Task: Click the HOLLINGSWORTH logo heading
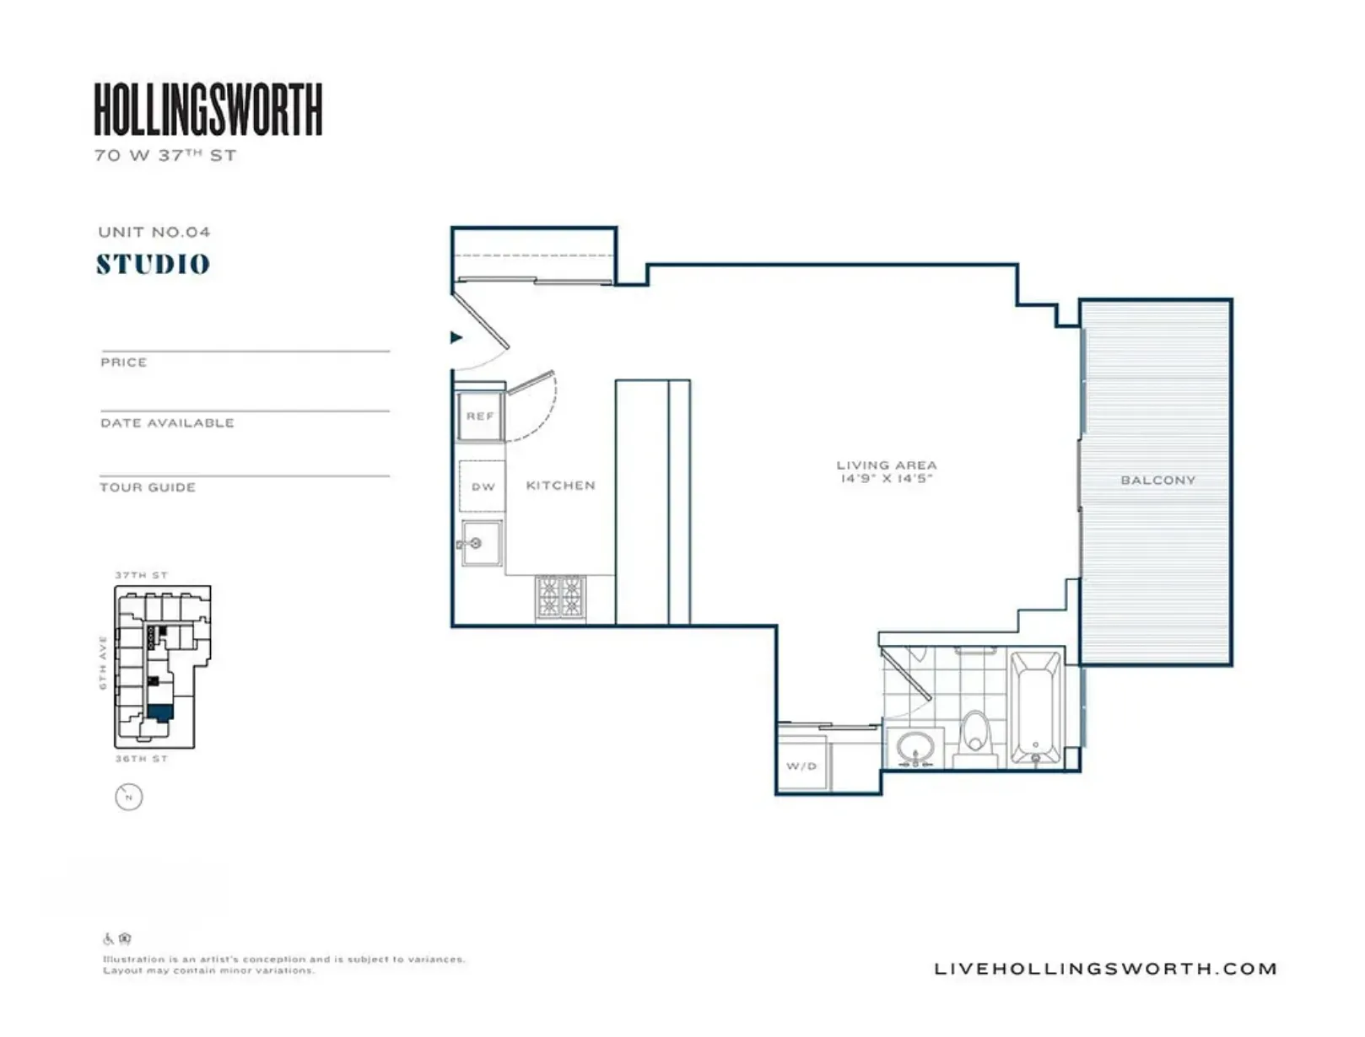click(208, 109)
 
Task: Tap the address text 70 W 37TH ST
click(165, 155)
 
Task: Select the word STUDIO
click(153, 264)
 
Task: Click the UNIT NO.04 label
click(154, 232)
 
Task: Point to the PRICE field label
click(123, 363)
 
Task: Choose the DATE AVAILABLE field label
click(167, 423)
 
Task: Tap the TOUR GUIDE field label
click(148, 487)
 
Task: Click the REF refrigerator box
click(480, 416)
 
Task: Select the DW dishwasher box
click(483, 486)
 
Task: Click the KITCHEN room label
click(560, 486)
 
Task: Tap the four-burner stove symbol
click(560, 598)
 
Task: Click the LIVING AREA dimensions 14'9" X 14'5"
click(886, 479)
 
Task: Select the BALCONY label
click(1157, 481)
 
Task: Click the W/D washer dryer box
click(801, 766)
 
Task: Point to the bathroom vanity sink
click(915, 748)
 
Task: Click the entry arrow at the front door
click(456, 337)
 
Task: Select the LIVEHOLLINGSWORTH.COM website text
click(1105, 969)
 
